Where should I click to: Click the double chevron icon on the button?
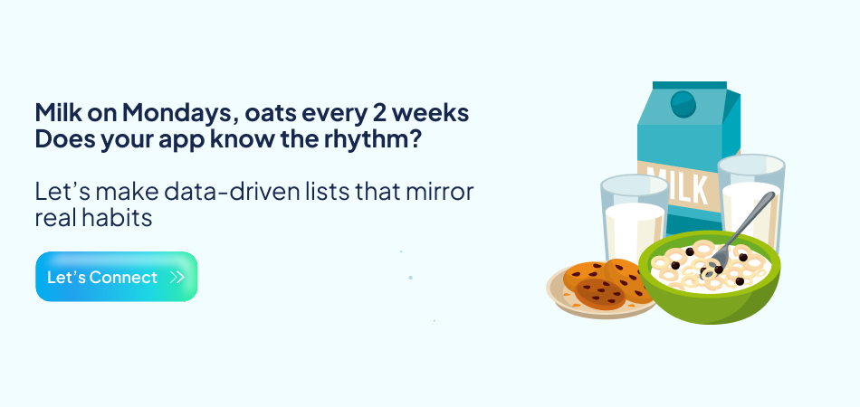click(x=177, y=278)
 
